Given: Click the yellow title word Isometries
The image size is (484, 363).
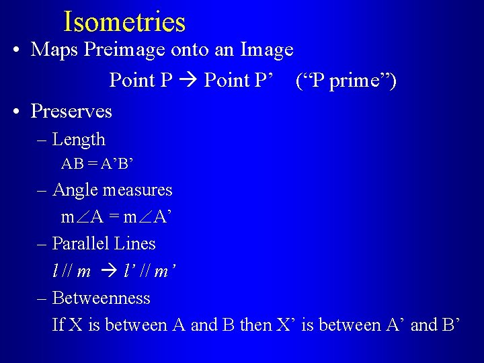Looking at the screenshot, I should point(124,22).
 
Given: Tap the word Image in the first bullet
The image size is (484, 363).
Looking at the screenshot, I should point(268,50).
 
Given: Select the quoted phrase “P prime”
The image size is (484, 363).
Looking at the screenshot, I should point(346,81).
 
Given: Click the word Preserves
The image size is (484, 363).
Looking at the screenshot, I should point(71,111).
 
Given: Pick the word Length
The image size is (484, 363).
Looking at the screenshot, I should point(79,140).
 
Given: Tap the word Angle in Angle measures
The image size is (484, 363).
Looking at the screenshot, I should point(75,190).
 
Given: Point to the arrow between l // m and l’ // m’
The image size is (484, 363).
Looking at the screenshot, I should point(108,272).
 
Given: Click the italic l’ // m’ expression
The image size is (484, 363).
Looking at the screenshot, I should point(151,272).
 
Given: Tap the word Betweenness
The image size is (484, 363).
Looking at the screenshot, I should point(101,298).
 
